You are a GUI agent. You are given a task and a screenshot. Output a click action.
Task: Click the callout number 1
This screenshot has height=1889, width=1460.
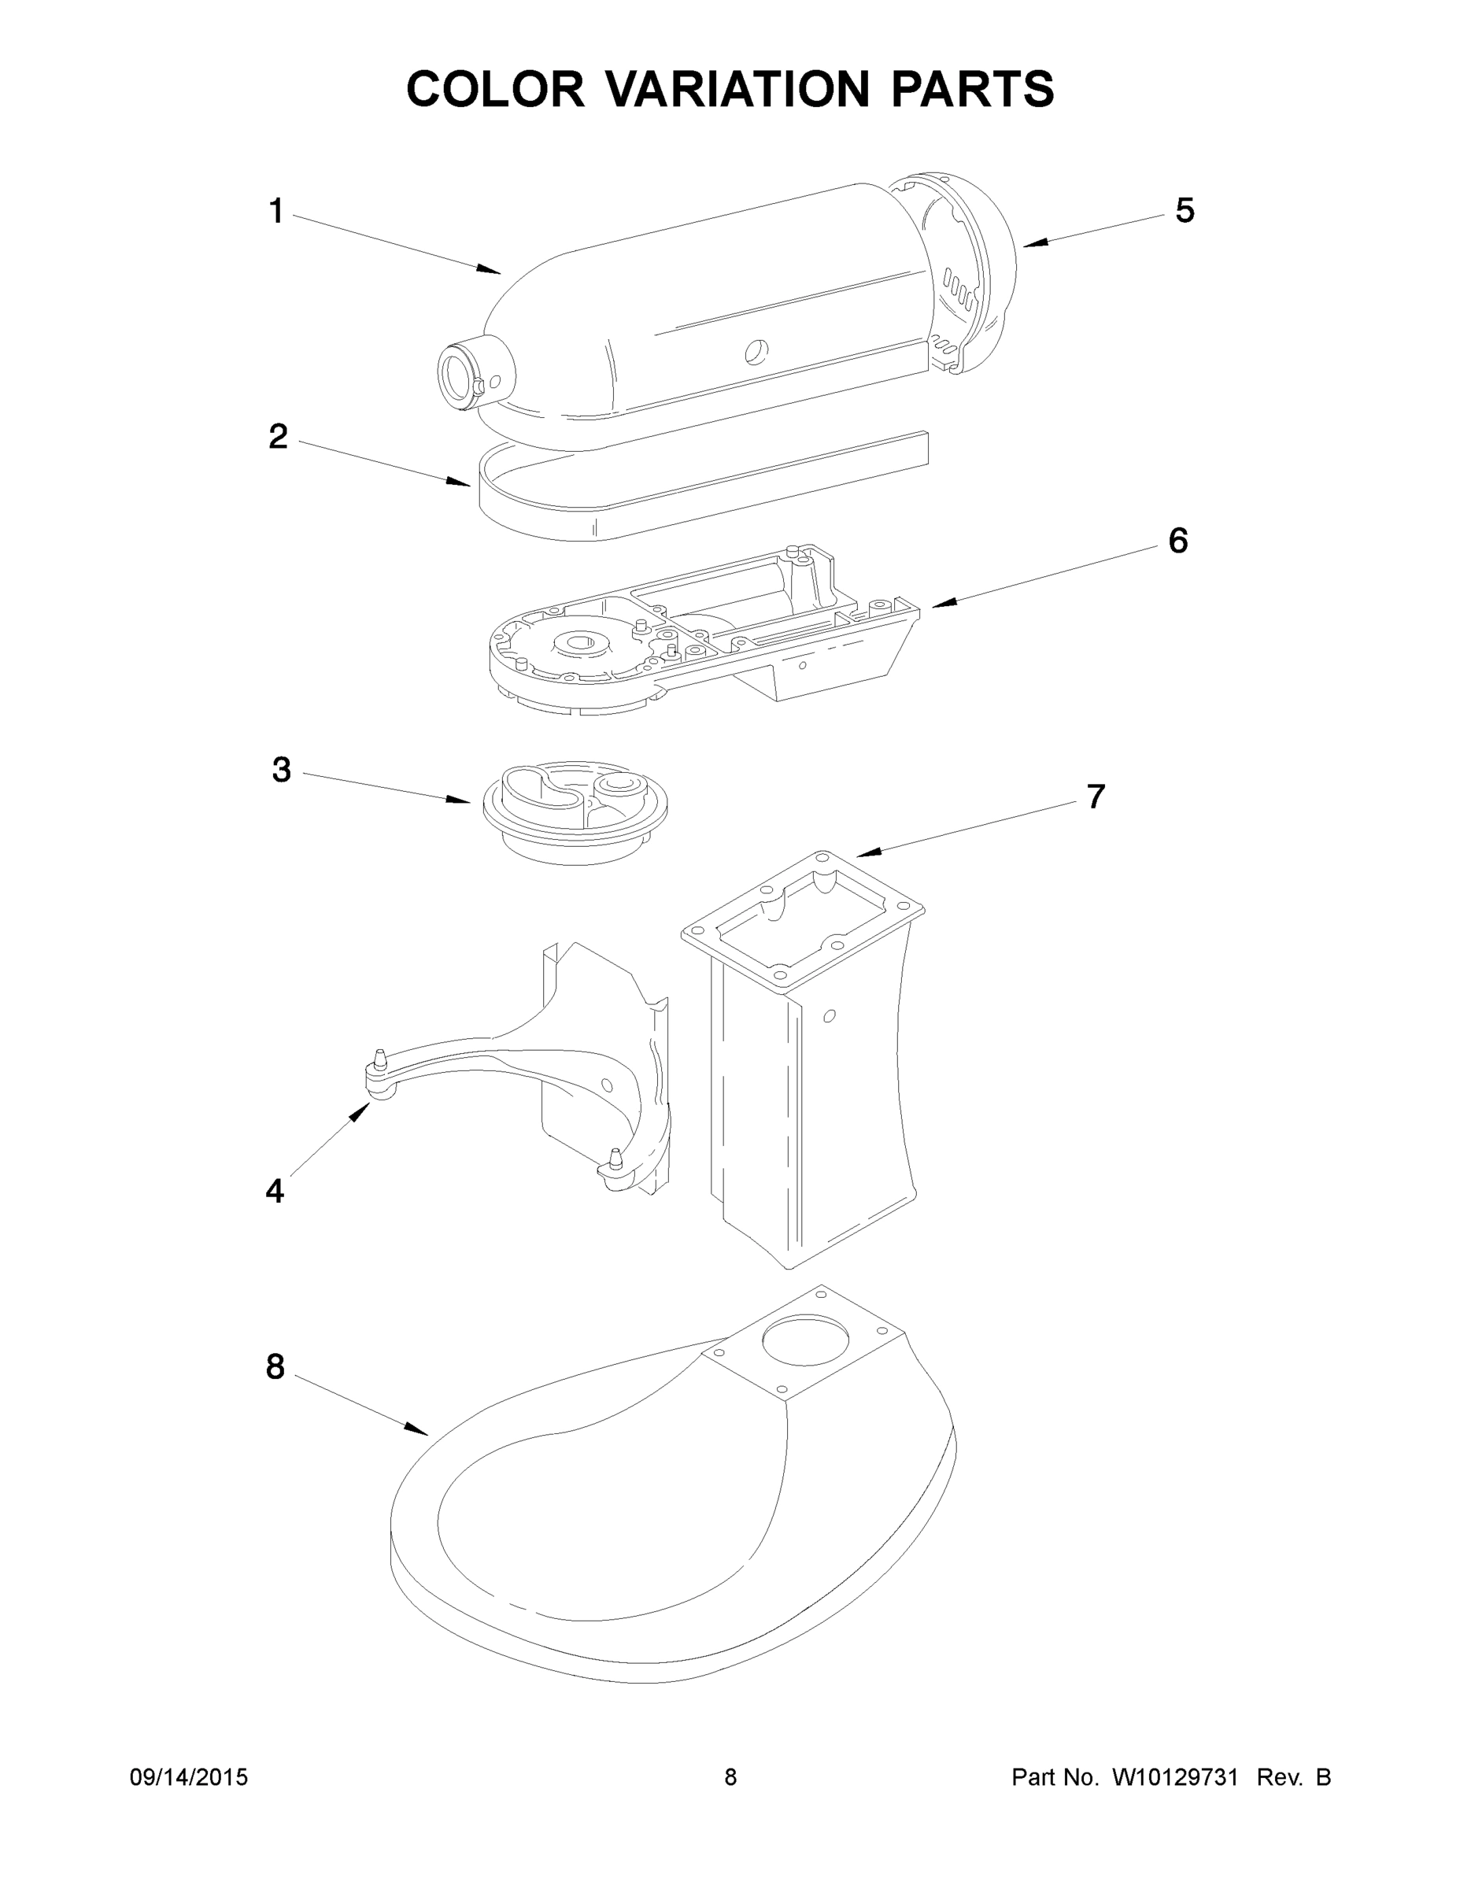tap(276, 211)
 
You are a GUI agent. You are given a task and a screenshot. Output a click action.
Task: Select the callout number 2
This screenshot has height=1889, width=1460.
tap(278, 437)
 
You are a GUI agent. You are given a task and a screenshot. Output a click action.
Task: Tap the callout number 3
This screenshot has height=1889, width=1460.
tap(281, 769)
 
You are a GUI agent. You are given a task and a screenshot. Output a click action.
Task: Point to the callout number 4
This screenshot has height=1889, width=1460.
tap(274, 1191)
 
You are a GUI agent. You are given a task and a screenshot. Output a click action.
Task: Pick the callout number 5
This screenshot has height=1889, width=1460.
tap(1184, 210)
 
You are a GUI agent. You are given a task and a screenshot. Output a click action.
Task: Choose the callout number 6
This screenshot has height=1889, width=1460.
tap(1178, 541)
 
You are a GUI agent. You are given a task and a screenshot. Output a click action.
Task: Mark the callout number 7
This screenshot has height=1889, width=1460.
tap(1095, 797)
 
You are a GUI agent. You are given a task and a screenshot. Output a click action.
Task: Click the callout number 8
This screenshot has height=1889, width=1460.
tap(275, 1366)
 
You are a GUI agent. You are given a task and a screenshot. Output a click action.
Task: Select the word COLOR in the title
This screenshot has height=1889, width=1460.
tap(496, 89)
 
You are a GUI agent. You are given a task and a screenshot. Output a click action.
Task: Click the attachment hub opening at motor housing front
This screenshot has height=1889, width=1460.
tap(456, 378)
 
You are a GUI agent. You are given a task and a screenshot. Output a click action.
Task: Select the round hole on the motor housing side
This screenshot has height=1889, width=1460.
tap(756, 350)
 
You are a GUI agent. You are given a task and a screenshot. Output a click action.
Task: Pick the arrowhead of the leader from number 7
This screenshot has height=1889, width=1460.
tap(865, 855)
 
